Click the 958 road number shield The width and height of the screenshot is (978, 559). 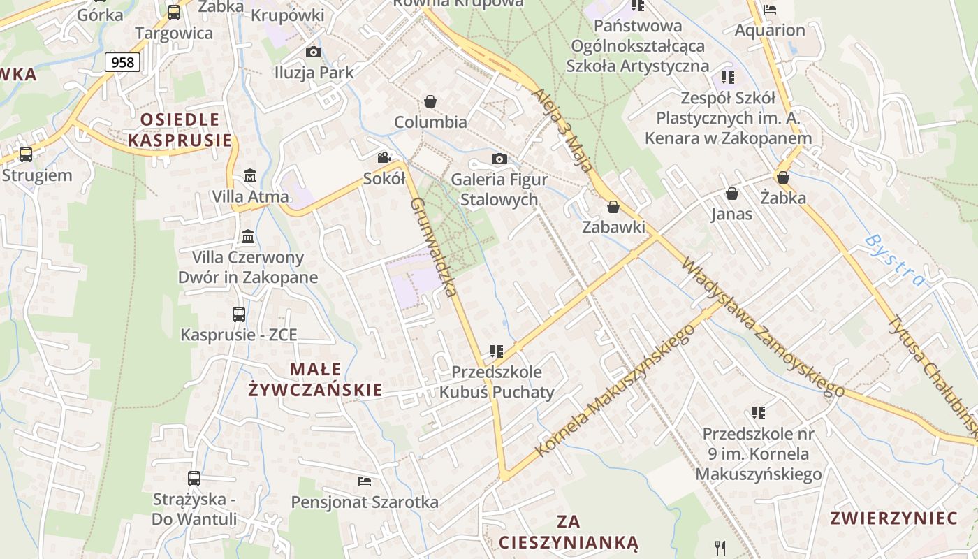[122, 62]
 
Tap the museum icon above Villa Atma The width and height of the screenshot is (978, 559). [249, 175]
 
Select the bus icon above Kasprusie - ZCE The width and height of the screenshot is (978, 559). [239, 314]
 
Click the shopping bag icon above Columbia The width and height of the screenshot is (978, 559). [430, 101]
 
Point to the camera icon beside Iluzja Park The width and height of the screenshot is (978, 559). [314, 52]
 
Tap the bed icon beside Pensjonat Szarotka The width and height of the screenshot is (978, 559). [364, 481]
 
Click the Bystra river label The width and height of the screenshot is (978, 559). [895, 261]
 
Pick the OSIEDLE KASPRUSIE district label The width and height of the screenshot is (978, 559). [180, 129]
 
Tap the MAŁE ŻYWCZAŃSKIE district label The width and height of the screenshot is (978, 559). [316, 379]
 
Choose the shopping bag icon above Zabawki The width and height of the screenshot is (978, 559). [613, 207]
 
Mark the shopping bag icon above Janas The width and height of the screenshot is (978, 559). [732, 194]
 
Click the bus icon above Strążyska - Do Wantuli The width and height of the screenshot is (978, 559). [194, 479]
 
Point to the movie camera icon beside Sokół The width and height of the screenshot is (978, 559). [384, 157]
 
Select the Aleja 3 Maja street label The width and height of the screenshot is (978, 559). [562, 130]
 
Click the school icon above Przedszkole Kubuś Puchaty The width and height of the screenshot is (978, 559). [497, 351]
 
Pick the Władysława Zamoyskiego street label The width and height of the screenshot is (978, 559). [762, 328]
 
